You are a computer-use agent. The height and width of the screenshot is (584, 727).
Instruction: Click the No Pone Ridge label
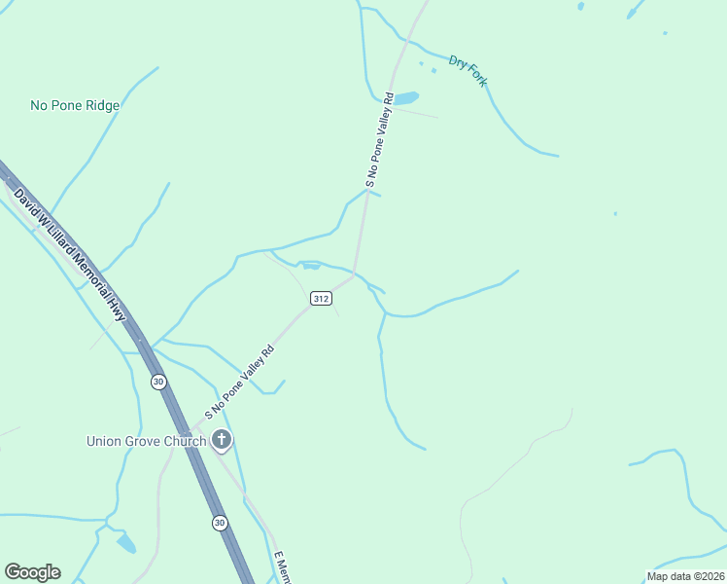pos(75,105)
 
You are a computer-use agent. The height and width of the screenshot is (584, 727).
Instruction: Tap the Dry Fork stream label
pos(467,71)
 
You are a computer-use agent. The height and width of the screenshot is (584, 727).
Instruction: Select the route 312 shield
pos(322,297)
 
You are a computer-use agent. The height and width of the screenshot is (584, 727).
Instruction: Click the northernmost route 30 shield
pos(158,382)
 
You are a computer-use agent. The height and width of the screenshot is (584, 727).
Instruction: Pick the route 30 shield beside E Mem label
pos(221,523)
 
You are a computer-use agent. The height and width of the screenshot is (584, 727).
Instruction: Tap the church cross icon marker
pos(222,441)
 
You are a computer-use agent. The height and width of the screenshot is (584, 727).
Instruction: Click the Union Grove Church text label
pos(146,441)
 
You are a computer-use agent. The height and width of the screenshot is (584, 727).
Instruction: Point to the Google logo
pos(32,572)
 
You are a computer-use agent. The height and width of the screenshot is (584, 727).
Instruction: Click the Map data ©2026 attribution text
pos(685,576)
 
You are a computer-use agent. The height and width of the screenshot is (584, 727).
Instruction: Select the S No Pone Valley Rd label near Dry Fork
pos(378,139)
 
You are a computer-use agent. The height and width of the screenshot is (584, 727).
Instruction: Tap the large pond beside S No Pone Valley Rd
pos(405,98)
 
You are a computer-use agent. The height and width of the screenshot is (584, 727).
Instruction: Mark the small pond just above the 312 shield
pos(309,265)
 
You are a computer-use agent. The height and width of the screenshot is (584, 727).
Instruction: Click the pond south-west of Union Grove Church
pos(126,543)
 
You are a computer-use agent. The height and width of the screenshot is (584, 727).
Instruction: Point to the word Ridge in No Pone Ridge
pos(101,105)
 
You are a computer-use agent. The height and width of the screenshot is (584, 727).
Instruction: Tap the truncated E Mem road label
pos(282,568)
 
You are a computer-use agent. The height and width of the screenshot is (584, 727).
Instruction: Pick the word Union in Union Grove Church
pos(104,441)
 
